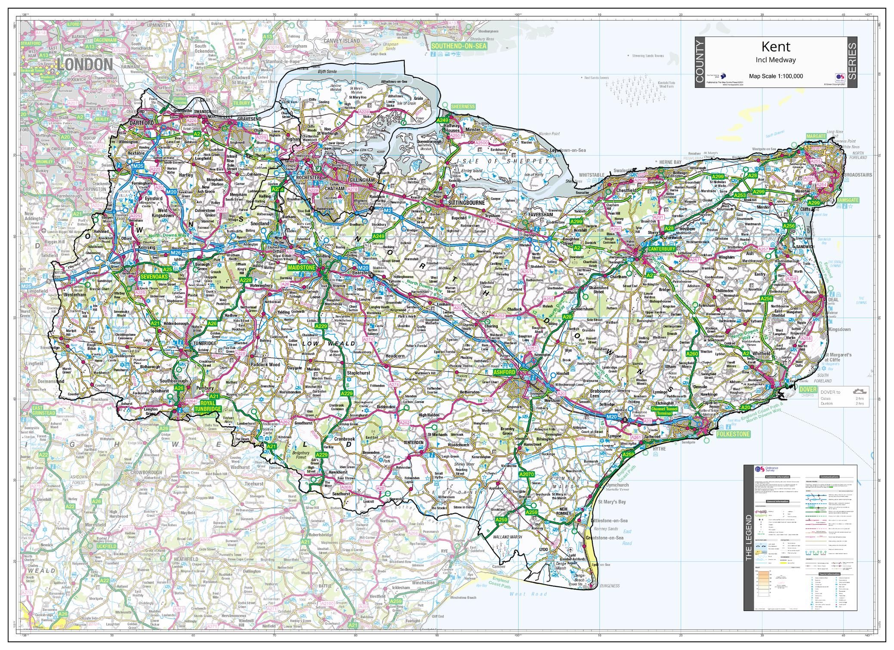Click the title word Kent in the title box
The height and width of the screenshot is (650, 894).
pos(776,46)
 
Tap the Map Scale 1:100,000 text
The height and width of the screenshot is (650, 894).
pos(776,76)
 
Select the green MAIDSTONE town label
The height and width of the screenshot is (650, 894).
pos(302,268)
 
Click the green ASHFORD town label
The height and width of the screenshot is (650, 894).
pos(504,372)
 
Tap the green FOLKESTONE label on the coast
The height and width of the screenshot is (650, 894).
pos(733,434)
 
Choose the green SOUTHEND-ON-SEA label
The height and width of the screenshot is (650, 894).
pos(459,46)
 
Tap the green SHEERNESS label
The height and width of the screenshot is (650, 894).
pos(463,106)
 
